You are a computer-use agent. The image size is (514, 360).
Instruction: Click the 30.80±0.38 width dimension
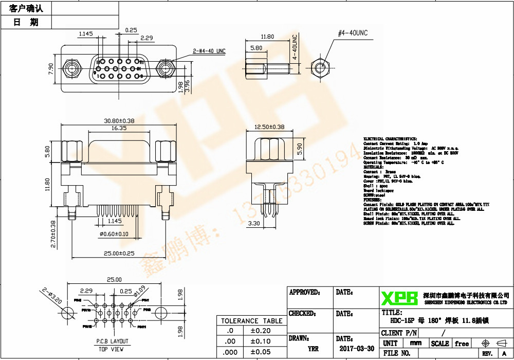119,121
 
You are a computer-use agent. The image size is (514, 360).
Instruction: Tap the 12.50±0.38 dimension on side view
269,127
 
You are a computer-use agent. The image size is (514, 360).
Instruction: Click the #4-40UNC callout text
353,33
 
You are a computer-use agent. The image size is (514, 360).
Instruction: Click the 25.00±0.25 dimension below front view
119,254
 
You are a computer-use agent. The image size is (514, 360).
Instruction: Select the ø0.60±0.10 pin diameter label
114,235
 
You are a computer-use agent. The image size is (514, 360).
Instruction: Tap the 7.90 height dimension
50,69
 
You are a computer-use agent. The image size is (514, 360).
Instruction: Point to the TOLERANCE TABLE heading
252,321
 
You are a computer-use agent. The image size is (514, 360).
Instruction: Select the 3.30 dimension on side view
254,224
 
